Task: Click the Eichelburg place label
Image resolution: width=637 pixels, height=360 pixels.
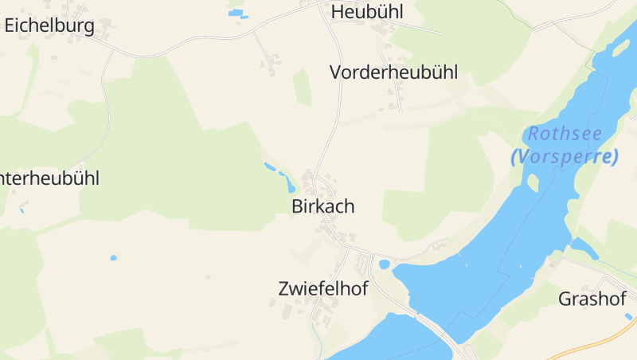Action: tap(49, 25)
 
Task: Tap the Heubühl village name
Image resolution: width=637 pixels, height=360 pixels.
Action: tap(367, 12)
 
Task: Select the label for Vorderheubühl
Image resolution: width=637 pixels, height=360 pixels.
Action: tap(393, 72)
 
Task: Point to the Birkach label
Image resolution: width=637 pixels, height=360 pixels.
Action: tap(322, 206)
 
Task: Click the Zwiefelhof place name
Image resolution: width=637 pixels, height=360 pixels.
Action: tap(323, 288)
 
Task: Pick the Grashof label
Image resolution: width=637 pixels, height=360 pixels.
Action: tap(592, 299)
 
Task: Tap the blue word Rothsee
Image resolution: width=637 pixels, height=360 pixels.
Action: tap(565, 134)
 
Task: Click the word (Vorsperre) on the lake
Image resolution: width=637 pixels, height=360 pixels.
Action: tap(565, 156)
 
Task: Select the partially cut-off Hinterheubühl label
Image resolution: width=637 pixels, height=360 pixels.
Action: tap(49, 178)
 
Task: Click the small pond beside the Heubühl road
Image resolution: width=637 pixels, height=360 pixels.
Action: tap(237, 14)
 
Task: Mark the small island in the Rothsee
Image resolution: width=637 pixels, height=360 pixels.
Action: tap(533, 182)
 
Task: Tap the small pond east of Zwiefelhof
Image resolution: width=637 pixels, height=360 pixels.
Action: tap(385, 264)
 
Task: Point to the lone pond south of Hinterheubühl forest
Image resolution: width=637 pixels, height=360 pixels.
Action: tap(113, 258)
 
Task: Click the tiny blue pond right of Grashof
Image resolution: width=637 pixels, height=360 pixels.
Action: tap(628, 317)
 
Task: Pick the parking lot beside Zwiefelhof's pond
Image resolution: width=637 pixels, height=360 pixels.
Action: tap(364, 261)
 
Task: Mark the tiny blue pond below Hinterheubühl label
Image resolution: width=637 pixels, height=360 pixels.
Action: tap(22, 210)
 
